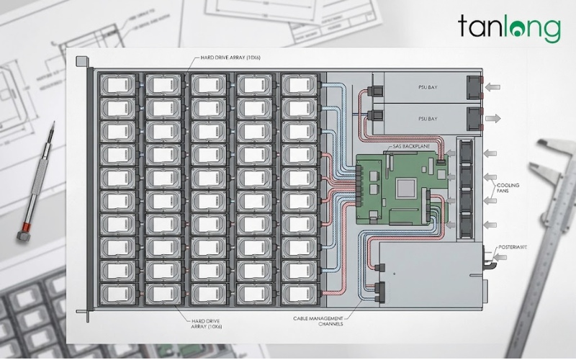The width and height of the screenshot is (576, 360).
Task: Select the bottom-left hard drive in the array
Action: tap(117, 294)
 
